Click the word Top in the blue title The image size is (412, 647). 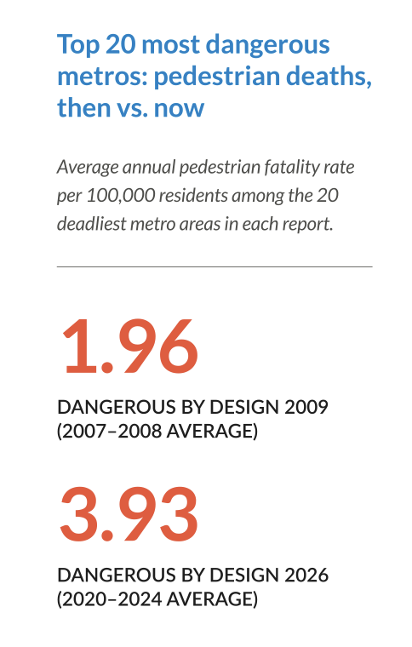click(78, 45)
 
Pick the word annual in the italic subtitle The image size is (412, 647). click(149, 167)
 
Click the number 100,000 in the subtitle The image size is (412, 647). click(120, 196)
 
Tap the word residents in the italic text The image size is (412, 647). click(193, 196)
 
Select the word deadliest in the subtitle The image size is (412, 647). click(92, 224)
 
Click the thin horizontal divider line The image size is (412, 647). click(215, 267)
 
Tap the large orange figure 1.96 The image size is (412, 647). click(130, 346)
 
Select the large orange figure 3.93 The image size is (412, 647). click(129, 514)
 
